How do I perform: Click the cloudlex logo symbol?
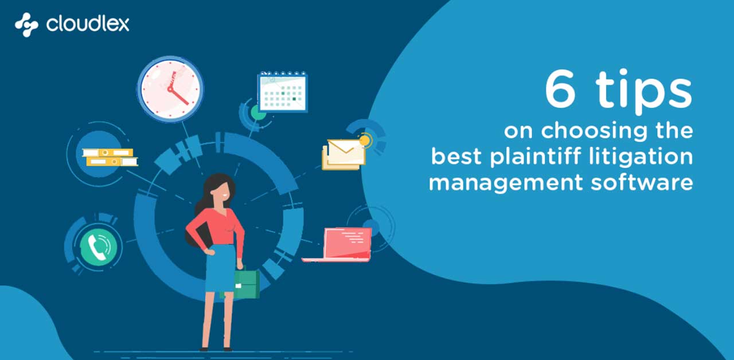(26, 25)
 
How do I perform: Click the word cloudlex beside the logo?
(88, 24)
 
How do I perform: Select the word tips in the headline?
(644, 92)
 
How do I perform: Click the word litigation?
(641, 156)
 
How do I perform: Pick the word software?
(642, 182)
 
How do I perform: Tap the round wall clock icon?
(170, 89)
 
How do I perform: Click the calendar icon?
(283, 91)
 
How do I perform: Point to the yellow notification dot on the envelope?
(365, 140)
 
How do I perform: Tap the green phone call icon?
(98, 246)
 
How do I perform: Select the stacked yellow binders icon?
(110, 157)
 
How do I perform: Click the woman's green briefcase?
(246, 284)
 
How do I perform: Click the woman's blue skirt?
(220, 268)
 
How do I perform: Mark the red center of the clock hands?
(170, 89)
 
